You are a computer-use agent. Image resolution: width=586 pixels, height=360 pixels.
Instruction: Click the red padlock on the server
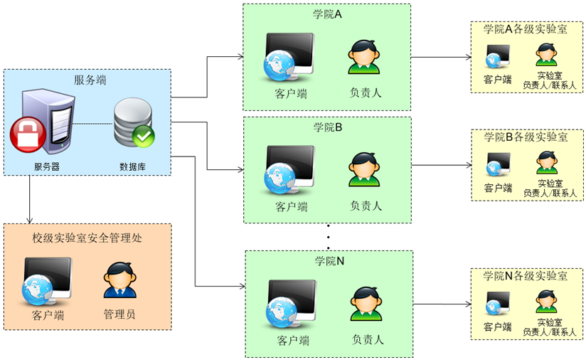coord(27,133)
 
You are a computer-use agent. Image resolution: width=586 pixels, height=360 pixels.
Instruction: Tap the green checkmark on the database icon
coord(144,135)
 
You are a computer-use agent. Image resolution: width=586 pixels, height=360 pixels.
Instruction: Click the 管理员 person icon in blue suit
coord(119,280)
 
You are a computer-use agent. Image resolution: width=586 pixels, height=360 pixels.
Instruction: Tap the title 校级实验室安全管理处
coord(87,238)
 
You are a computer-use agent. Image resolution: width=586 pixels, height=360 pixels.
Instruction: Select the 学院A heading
coord(328,14)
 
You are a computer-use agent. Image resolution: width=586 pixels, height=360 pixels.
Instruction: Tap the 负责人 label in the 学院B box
coord(366,206)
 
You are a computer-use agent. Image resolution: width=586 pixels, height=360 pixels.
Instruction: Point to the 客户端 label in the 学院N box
coord(293,340)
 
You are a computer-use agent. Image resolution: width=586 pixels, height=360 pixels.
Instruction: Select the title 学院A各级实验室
coord(525,29)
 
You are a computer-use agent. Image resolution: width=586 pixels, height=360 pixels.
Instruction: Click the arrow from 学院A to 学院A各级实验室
coord(441,57)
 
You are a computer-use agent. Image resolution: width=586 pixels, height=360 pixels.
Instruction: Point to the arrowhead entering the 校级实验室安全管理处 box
coord(30,219)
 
